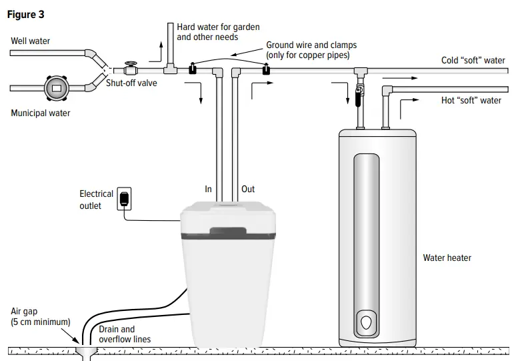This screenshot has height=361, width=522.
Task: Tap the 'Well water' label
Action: (30, 41)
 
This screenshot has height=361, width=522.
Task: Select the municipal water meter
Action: (56, 87)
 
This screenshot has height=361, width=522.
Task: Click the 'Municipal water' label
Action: (40, 113)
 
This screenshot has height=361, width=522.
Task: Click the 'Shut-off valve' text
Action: (132, 83)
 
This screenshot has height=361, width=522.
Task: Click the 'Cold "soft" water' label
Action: (473, 61)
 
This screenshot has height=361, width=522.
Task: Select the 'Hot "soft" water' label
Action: (471, 101)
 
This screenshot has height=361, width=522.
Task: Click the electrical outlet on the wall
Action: (124, 199)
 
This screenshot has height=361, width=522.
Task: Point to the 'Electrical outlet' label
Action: (96, 200)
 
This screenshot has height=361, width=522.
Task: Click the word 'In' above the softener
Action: (208, 190)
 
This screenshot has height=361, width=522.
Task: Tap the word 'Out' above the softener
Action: (247, 190)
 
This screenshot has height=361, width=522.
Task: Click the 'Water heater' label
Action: (447, 258)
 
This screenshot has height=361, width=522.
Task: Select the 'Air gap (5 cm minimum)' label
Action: (40, 317)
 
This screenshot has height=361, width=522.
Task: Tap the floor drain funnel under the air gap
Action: (84, 351)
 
